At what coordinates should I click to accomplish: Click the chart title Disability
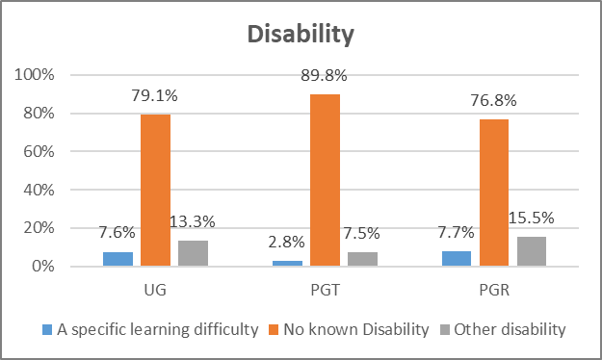tap(301, 35)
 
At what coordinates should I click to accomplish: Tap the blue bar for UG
tap(118, 259)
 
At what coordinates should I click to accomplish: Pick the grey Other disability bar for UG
tap(194, 253)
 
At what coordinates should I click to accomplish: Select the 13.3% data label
tap(194, 222)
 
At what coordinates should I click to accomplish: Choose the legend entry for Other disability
tap(506, 330)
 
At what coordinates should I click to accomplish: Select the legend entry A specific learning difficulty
tap(149, 330)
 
